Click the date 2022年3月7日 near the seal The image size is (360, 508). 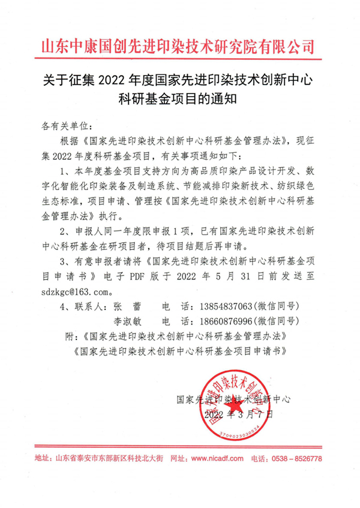pos(238,414)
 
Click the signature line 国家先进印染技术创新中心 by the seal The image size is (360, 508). pos(233,399)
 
